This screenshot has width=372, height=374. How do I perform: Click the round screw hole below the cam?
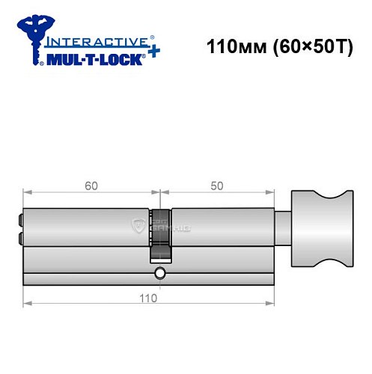(x=160, y=276)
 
